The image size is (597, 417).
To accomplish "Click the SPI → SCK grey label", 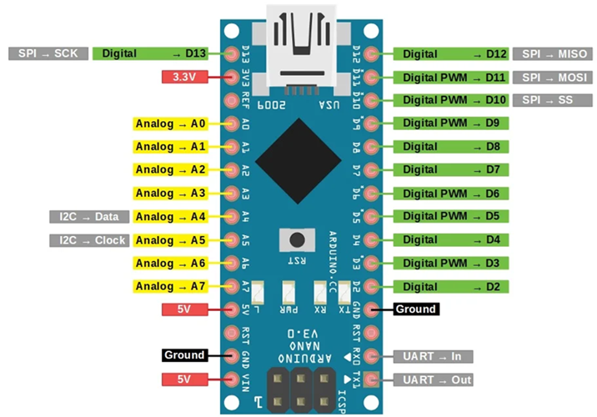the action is coord(48,53).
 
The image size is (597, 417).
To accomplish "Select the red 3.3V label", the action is coord(184,77).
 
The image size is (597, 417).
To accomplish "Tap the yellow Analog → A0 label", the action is coord(170,123).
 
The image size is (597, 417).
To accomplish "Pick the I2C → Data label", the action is coord(89,217).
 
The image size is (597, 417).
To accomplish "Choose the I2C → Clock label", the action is coord(89,240).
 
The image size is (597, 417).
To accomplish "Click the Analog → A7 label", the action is coord(170,286).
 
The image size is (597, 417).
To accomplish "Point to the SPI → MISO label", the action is coord(553,53).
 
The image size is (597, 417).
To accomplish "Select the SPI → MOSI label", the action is coord(553,78).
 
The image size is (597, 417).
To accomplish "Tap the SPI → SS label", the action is coord(553,100).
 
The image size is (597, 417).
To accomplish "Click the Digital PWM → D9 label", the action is coord(451,123).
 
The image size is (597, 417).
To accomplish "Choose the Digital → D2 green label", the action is coord(451,287).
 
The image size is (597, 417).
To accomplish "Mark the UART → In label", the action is coord(433,356).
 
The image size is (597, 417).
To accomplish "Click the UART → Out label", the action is coord(433,379).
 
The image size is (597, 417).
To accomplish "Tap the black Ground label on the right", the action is coord(416,309).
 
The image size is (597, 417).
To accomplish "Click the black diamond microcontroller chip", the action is coord(298,161).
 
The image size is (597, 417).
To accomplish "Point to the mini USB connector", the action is coord(301,49).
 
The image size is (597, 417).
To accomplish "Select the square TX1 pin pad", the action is coord(371,379).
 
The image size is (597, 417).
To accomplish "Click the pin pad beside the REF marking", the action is coord(232,101).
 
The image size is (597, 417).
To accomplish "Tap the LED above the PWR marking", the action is coord(288,292).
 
